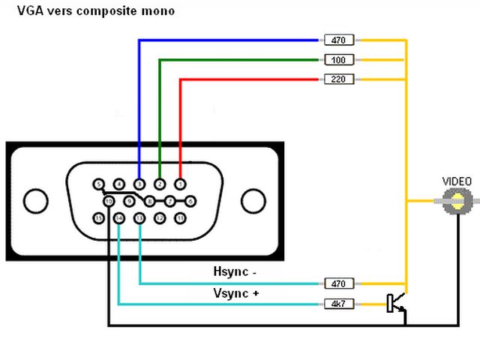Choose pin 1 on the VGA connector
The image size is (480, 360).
[180, 183]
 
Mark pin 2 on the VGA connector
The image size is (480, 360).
[160, 183]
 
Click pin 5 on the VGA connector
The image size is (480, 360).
[98, 183]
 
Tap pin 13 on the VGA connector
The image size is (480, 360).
[139, 218]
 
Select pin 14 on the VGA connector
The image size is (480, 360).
[119, 218]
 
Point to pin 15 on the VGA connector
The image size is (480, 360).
[98, 218]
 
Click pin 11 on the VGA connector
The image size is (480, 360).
[180, 218]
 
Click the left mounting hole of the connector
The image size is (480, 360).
[34, 201]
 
